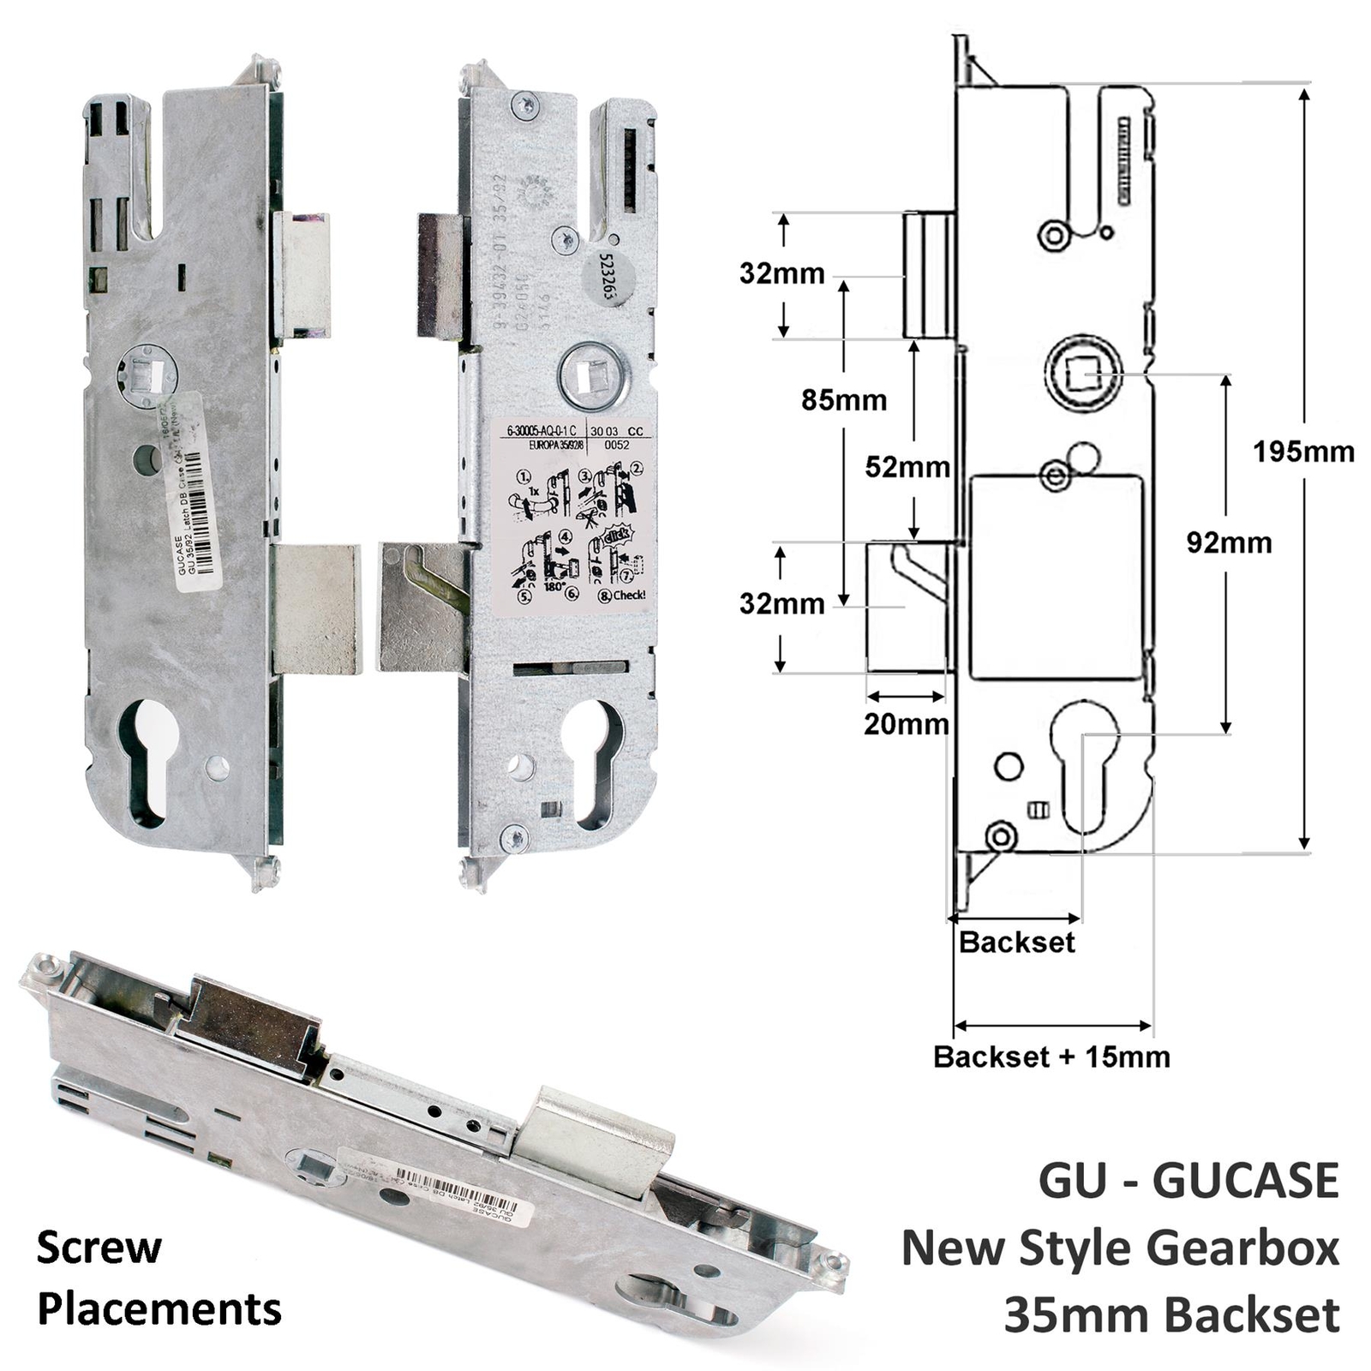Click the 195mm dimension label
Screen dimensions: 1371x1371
tap(1302, 452)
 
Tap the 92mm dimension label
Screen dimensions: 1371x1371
tap(1229, 542)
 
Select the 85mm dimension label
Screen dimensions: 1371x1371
tap(844, 399)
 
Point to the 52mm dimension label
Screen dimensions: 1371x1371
tap(907, 467)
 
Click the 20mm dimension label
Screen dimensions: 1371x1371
tap(906, 724)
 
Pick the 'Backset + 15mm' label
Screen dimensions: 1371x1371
tap(1051, 1057)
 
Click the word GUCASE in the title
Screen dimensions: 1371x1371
tap(1245, 1181)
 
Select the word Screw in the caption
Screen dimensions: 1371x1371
tap(99, 1248)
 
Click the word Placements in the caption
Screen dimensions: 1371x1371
tap(159, 1309)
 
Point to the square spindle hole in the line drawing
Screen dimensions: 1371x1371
tap(1082, 373)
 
